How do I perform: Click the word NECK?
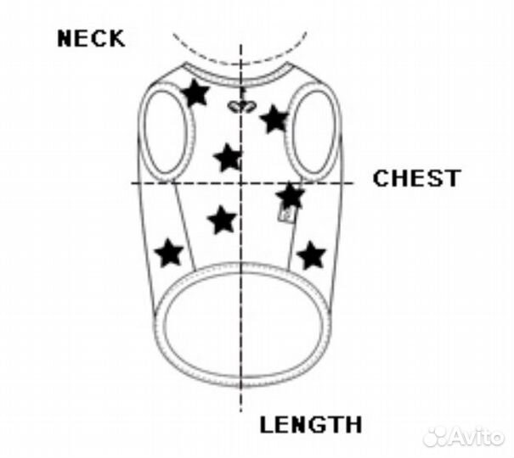tap(92, 39)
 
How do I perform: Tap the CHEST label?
tap(417, 179)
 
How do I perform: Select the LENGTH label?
tap(311, 425)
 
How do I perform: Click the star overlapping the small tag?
tap(291, 197)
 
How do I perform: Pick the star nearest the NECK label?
tap(195, 92)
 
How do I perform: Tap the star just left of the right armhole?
tap(274, 119)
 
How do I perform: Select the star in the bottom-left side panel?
tap(170, 252)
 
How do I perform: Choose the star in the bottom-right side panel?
tap(312, 254)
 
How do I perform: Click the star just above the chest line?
tap(227, 157)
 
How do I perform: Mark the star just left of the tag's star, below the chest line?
tap(222, 220)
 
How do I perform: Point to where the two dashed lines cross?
tap(242, 182)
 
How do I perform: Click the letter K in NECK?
tap(116, 39)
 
